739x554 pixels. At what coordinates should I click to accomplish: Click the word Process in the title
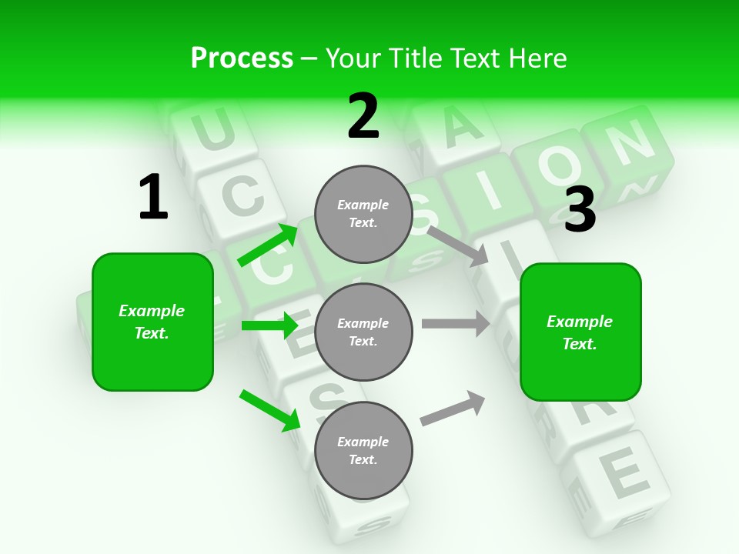pyautogui.click(x=242, y=58)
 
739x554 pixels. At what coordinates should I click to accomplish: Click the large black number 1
pyautogui.click(x=153, y=198)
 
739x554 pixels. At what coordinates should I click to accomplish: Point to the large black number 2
pyautogui.click(x=363, y=117)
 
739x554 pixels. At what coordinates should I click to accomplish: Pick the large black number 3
pyautogui.click(x=580, y=210)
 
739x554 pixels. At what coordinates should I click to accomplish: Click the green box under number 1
pyautogui.click(x=152, y=322)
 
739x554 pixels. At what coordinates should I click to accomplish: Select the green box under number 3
pyautogui.click(x=580, y=332)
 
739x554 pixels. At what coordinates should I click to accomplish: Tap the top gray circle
pyautogui.click(x=363, y=214)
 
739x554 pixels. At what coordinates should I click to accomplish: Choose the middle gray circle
pyautogui.click(x=363, y=332)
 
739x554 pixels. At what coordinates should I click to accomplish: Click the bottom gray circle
pyautogui.click(x=363, y=450)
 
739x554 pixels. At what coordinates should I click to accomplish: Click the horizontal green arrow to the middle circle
pyautogui.click(x=270, y=325)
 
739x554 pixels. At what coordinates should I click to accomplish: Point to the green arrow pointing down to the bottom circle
pyautogui.click(x=270, y=410)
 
